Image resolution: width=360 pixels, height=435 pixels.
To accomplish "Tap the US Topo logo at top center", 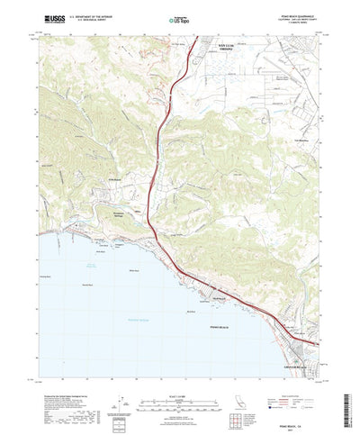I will tap(179, 18).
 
